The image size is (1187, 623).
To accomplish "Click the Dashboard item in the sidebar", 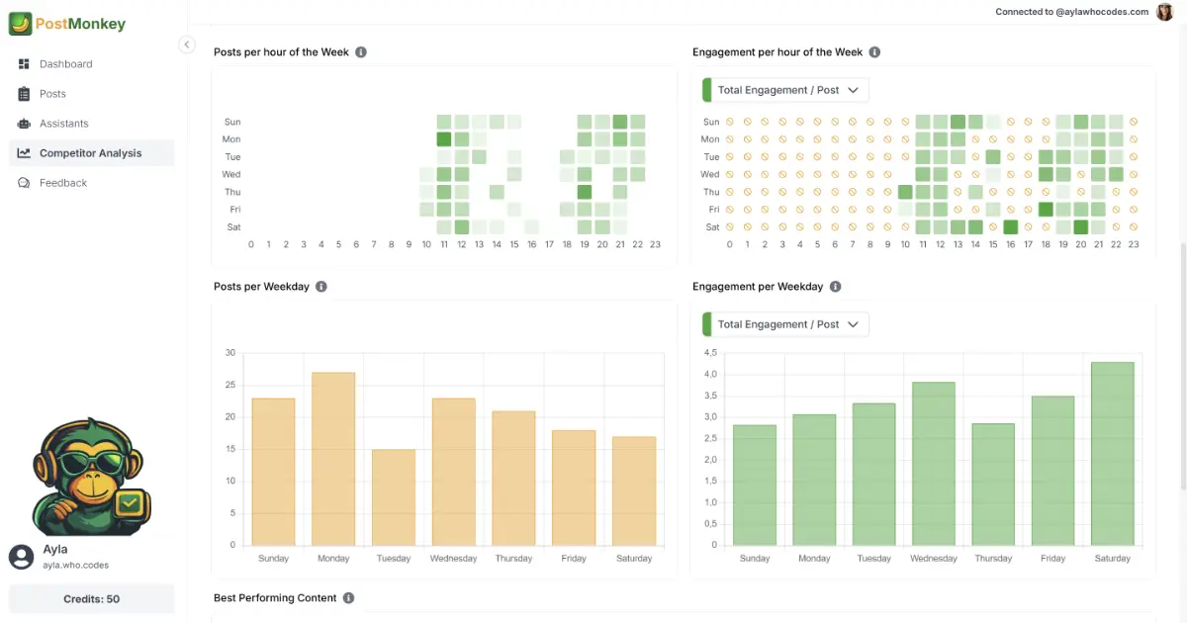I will coord(65,64).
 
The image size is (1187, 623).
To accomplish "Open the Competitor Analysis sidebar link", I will coord(90,153).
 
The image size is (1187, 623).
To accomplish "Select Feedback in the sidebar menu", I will coord(63,183).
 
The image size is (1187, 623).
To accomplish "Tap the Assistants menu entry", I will coord(63,124).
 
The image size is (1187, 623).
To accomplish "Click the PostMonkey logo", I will coord(67,23).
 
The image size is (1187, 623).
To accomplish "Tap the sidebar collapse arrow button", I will coord(187,44).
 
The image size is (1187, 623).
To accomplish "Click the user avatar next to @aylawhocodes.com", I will coord(1164,12).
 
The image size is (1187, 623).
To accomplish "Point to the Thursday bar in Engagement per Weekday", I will coord(993,484).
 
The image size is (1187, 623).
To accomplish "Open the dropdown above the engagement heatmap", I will coord(785,90).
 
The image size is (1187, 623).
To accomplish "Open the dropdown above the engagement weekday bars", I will coord(785,324).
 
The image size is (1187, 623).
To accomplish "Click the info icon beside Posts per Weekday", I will coord(321,287).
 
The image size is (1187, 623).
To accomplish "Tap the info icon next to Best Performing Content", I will coord(348,598).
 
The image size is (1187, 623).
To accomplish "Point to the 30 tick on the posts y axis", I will coord(230,353).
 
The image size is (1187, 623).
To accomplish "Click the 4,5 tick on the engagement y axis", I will coord(709,353).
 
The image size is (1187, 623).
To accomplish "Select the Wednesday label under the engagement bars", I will coord(933,559).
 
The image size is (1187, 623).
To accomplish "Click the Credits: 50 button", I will coord(91,599).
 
